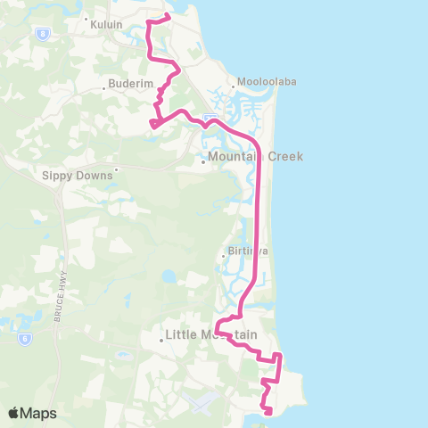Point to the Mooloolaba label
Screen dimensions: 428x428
coord(267,81)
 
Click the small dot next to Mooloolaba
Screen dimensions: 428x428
coord(235,86)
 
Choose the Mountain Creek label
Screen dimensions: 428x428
coord(256,156)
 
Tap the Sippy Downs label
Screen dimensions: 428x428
coord(78,176)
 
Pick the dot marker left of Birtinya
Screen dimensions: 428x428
coord(223,258)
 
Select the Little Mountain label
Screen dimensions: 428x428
coord(212,335)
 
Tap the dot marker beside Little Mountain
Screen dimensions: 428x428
coord(160,339)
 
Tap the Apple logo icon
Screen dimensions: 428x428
coord(14,413)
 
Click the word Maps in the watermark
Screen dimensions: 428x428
coord(39,413)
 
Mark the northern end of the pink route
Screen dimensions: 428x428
coord(168,15)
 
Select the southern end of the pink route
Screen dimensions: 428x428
coord(269,411)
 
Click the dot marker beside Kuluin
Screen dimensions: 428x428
coord(86,19)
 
